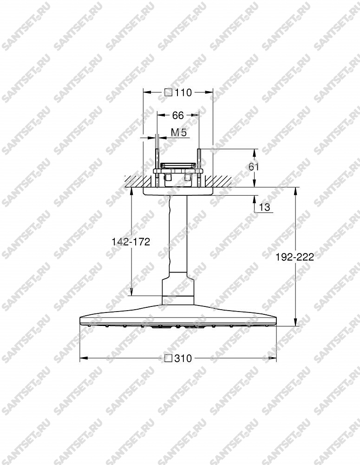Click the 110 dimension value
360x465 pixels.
[183, 93]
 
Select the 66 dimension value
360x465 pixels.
[178, 115]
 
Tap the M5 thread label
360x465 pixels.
[179, 133]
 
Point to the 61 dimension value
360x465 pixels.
[254, 166]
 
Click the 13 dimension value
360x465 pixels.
[265, 207]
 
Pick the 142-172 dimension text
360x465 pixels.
[131, 242]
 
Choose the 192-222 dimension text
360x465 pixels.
[295, 257]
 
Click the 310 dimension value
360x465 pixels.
[183, 358]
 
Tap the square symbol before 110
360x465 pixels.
[169, 93]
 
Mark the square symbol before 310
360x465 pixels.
[169, 358]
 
